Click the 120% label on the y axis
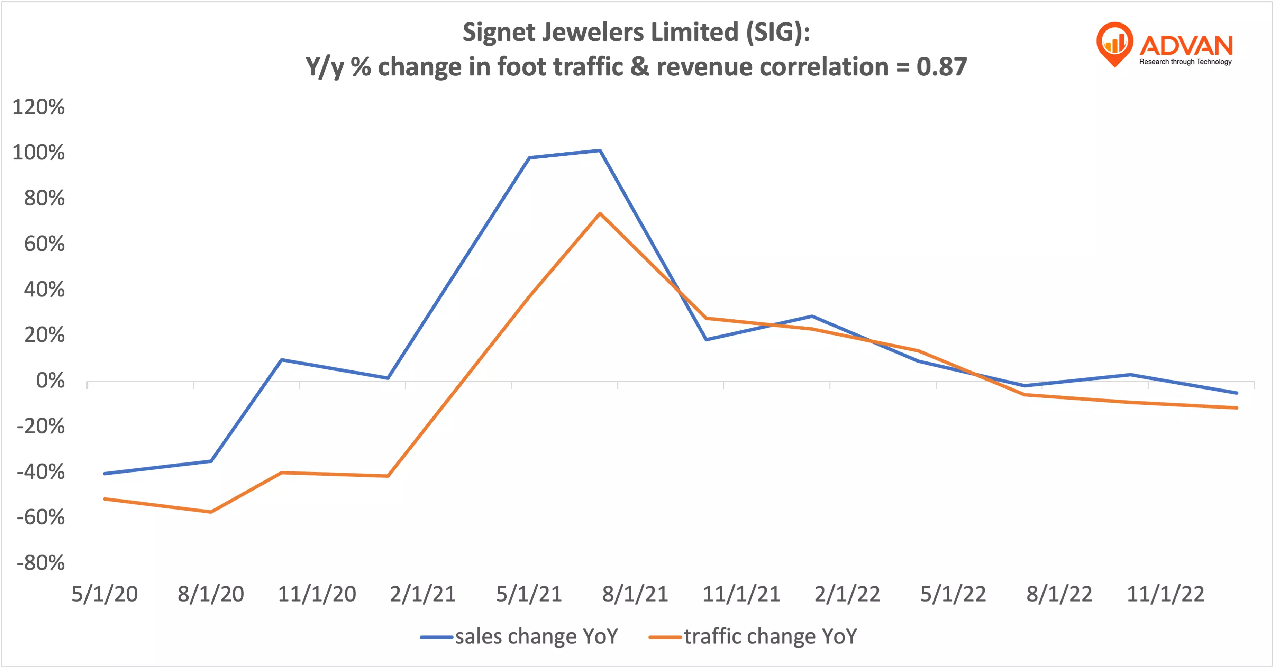pos(39,107)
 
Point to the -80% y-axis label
pos(40,563)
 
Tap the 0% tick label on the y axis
pos(50,381)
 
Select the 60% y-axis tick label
pos(44,244)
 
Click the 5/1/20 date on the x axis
pos(104,594)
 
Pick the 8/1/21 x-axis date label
pos(635,594)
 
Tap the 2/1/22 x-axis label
pos(847,594)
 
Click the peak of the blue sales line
pos(600,150)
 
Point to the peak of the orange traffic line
pos(600,214)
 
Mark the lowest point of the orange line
pos(211,512)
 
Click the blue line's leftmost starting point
pos(105,474)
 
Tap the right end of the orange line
pos(1236,408)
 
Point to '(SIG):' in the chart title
pos(777,33)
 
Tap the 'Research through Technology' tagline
pos(1185,62)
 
